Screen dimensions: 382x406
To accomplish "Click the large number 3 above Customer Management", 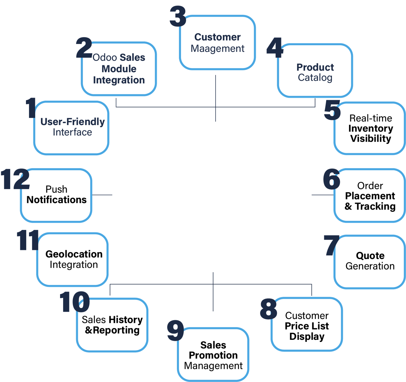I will (177, 16).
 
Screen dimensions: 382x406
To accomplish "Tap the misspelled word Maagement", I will (217, 49).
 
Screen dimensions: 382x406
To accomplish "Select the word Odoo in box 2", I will (101, 57).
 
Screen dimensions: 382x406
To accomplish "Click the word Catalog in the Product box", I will (315, 78).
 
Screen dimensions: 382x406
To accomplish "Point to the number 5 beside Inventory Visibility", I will (332, 110).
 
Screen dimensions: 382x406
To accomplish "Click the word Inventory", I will (370, 128).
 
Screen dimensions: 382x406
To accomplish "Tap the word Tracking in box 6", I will (375, 207).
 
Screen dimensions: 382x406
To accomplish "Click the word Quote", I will (370, 256).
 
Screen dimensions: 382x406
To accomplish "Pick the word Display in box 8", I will (307, 336).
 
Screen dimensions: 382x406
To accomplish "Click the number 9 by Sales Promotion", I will (175, 330).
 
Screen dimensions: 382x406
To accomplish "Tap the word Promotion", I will (213, 355).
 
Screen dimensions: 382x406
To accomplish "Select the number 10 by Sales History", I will (74, 302).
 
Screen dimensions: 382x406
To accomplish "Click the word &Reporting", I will (112, 330).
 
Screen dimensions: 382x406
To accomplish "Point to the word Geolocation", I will (74, 254).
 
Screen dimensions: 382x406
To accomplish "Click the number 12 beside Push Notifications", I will (15, 179).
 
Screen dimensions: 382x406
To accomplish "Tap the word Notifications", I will (56, 200).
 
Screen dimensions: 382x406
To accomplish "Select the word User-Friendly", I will (72, 122).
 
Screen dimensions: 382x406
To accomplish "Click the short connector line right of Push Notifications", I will (102, 195).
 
